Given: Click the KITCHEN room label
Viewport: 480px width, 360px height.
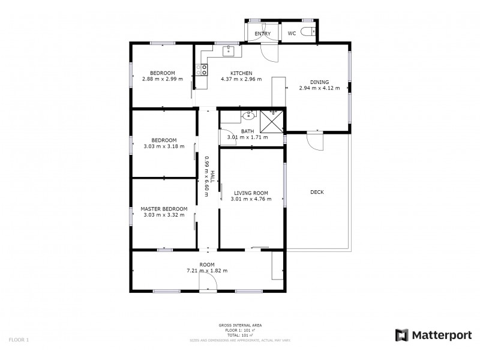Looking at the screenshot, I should point(241,73).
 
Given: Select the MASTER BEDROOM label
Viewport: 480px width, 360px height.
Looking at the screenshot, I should point(164,209).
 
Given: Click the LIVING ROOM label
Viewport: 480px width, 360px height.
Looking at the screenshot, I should point(251,193).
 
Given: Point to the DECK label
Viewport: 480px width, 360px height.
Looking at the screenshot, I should point(317,192).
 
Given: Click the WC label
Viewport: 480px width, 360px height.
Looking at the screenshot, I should point(292,34).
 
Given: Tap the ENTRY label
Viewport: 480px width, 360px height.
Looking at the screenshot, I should point(262,34).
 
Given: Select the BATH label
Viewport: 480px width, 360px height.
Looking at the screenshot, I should point(247,131).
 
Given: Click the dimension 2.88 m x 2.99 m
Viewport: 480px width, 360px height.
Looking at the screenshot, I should point(162,79).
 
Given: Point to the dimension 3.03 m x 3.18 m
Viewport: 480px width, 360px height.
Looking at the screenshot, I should point(164,145).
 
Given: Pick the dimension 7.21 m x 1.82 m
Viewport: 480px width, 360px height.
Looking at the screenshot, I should point(207,271).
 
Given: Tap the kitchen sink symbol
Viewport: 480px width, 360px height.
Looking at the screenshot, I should point(229,51).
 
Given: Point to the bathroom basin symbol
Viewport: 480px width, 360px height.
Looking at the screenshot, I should point(248,115).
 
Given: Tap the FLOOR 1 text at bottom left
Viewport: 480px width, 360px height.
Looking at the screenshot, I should point(19,340).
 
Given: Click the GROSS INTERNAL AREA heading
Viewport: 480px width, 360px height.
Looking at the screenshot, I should point(239,325).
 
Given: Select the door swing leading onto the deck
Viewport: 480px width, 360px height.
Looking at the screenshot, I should point(314,142).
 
